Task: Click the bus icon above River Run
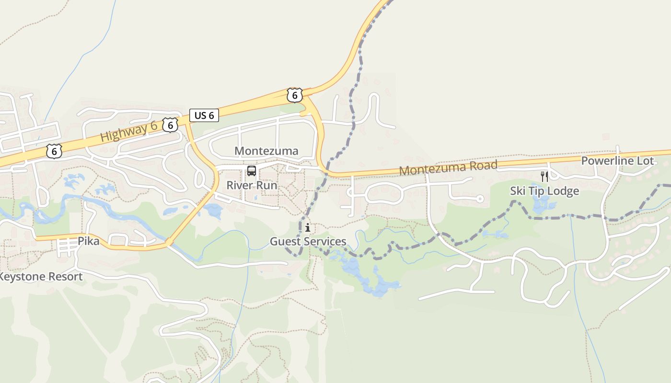click(x=251, y=171)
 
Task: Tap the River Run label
click(x=252, y=185)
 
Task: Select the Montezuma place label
click(x=266, y=151)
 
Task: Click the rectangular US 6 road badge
click(x=204, y=115)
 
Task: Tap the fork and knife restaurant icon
click(x=544, y=177)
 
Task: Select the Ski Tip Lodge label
click(x=544, y=191)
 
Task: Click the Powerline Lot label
click(x=617, y=161)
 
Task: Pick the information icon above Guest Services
click(x=308, y=228)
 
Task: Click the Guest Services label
click(x=308, y=241)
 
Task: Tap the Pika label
click(x=89, y=241)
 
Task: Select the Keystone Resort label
click(x=41, y=277)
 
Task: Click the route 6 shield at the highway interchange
click(x=294, y=95)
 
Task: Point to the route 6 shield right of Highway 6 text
click(x=170, y=125)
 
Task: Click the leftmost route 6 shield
click(x=54, y=151)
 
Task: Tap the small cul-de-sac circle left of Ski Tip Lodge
click(x=480, y=199)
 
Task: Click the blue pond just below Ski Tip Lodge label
click(x=543, y=205)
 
